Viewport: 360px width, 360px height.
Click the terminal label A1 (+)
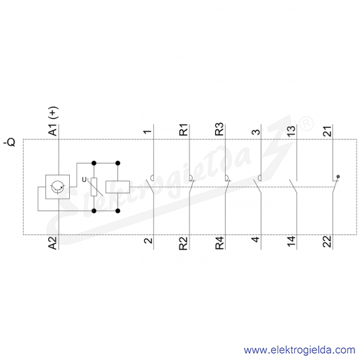(x=53, y=121)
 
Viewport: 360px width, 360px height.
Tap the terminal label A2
(x=53, y=243)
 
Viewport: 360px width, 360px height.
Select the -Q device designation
(x=10, y=142)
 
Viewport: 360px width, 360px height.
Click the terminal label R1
(x=184, y=130)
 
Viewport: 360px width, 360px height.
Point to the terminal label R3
(x=219, y=129)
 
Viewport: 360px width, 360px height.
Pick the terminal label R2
(x=184, y=243)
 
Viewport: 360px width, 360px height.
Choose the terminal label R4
(x=219, y=243)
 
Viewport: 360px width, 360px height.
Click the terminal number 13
(x=291, y=130)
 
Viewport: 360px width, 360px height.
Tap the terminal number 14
(x=291, y=241)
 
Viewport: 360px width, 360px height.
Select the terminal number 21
(x=327, y=131)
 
